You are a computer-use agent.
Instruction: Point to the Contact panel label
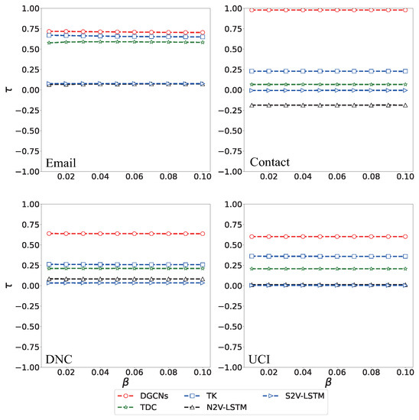272,163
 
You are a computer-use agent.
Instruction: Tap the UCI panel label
265,358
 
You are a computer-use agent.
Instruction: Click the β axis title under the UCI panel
329,382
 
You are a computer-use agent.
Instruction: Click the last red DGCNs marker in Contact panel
406,10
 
